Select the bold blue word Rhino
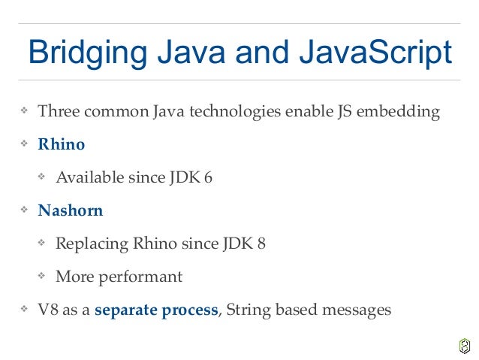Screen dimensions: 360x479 coord(62,144)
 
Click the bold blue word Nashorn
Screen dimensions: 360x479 coord(71,210)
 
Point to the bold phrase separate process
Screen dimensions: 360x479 coord(156,310)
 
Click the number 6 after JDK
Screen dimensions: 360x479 coord(208,178)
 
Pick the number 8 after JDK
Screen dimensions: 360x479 coord(261,244)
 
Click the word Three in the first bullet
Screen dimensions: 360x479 coord(57,113)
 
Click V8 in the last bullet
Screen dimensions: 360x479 coord(48,310)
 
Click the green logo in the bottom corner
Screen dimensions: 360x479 coord(464,346)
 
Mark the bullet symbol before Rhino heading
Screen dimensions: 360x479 coord(25,144)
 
